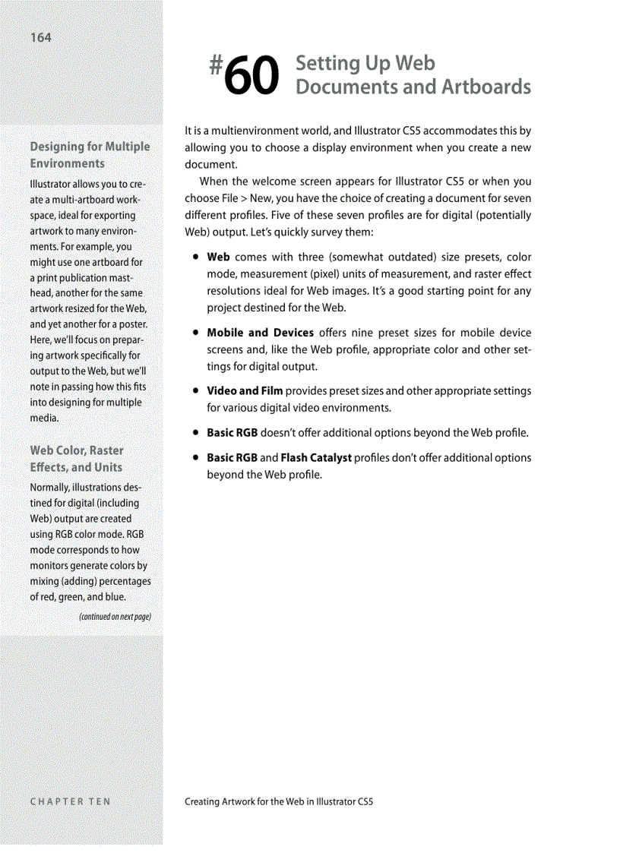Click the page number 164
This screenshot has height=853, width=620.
(41, 37)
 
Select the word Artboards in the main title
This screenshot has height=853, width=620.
(489, 87)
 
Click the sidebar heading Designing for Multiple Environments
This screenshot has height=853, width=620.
(90, 154)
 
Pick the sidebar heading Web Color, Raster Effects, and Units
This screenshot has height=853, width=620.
(76, 459)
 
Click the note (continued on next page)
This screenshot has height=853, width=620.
(115, 616)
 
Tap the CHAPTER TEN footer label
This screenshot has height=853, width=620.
(70, 801)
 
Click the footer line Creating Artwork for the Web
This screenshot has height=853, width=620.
(279, 801)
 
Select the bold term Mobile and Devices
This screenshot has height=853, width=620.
(260, 333)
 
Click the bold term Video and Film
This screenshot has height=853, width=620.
(245, 390)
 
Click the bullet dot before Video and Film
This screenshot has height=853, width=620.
(196, 391)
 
